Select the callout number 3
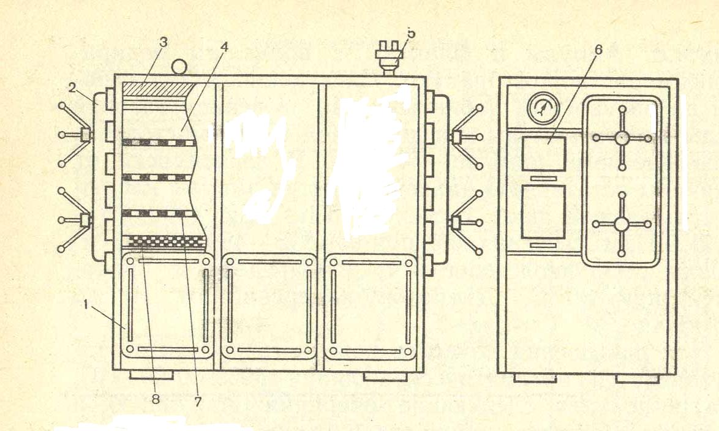click(162, 42)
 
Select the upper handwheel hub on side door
click(622, 138)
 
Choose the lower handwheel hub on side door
click(622, 224)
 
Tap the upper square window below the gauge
click(543, 154)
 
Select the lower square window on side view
click(543, 211)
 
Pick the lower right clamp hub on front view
click(457, 221)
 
